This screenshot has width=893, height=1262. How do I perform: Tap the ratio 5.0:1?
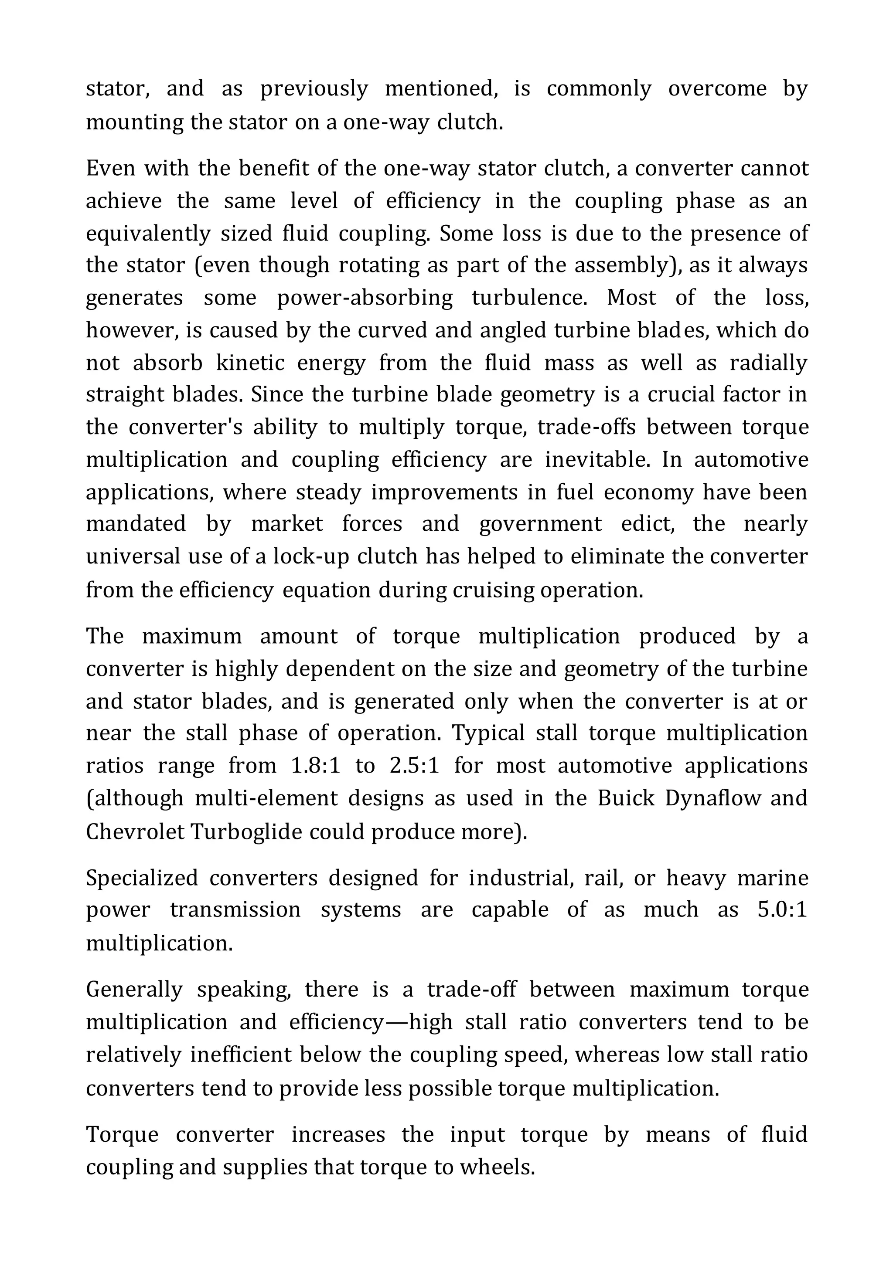(781, 909)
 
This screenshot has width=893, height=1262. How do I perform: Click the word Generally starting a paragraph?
(133, 989)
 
